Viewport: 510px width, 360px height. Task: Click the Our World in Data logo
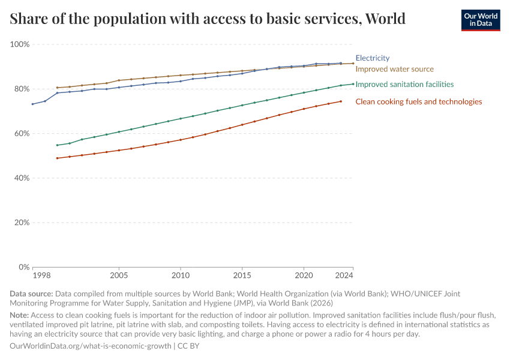pos(480,19)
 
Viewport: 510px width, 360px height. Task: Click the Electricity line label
pos(373,58)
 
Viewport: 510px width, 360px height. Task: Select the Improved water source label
pos(394,69)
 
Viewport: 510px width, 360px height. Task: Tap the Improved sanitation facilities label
pos(404,85)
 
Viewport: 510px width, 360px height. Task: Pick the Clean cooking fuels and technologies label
pos(419,101)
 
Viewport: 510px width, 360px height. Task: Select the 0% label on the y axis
pos(23,267)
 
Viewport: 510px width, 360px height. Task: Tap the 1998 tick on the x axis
pos(41,275)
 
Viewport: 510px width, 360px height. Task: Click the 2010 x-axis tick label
pos(181,275)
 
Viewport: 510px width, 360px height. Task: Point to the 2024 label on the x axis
pos(344,275)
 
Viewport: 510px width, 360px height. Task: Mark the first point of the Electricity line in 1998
pos(32,104)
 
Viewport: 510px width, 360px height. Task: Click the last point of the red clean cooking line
pos(341,101)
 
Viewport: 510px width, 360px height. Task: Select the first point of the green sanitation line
pos(57,145)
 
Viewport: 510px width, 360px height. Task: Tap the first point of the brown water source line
pos(57,88)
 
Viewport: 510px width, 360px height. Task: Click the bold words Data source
pos(31,295)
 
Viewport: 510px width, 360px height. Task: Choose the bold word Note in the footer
pos(20,315)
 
